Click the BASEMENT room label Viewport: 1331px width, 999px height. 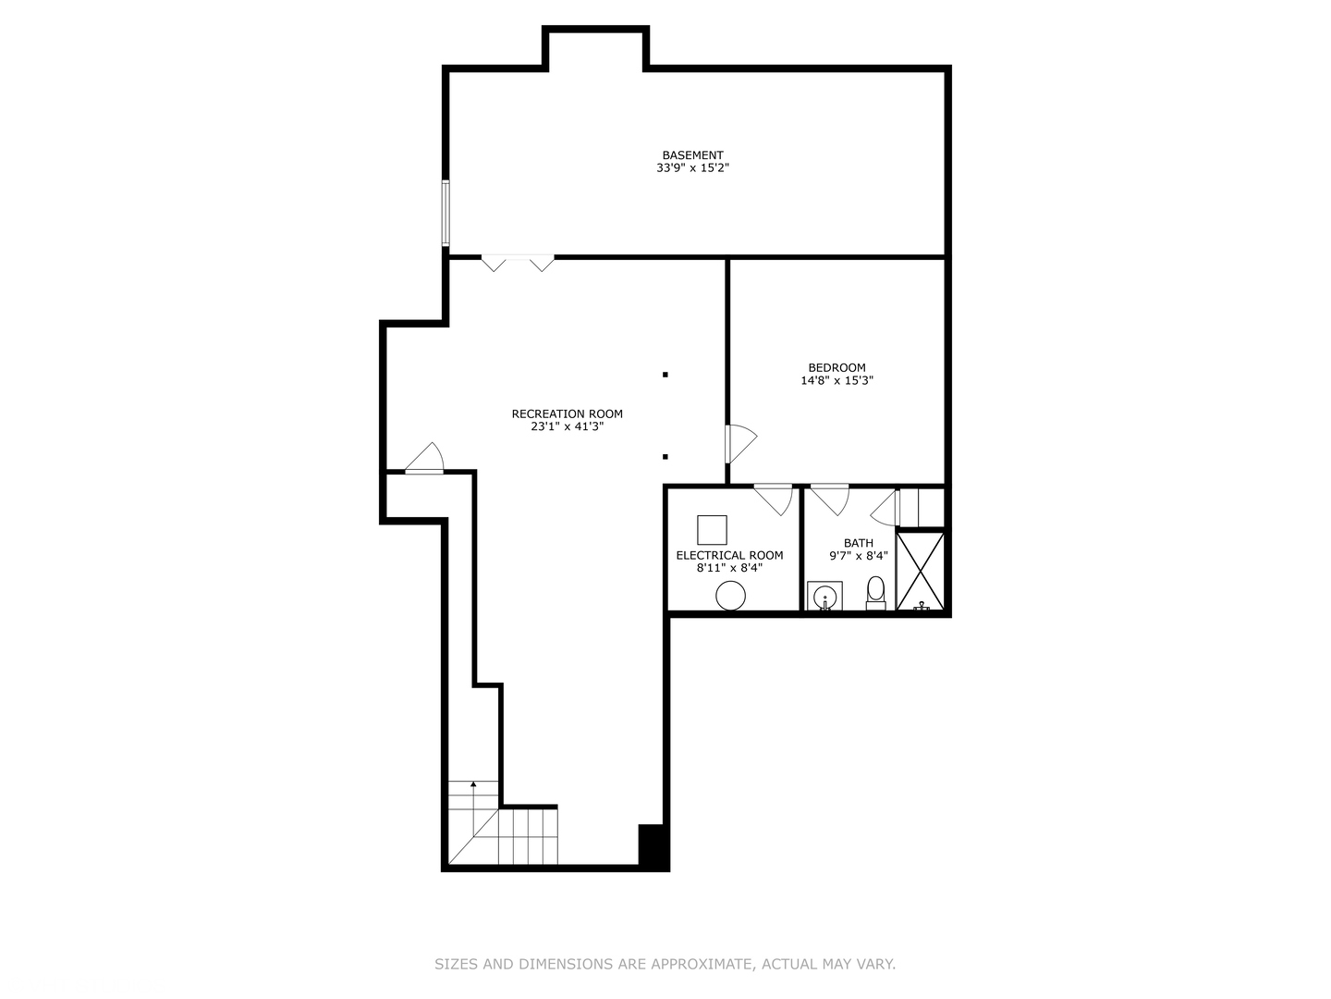coord(692,155)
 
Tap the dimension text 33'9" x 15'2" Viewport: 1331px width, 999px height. coord(692,168)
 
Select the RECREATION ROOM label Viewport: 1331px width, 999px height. coord(567,413)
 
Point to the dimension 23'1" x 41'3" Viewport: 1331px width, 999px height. coord(567,426)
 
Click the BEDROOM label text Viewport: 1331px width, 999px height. coord(836,367)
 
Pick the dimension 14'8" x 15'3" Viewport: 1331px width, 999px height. coord(836,380)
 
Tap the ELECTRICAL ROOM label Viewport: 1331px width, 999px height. coord(729,555)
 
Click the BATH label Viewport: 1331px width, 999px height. coord(858,543)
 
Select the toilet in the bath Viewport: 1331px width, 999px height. coord(875,592)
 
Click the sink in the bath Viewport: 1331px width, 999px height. coord(824,596)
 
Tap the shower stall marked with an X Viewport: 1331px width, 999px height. coord(922,571)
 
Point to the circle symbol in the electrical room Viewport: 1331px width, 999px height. coord(730,596)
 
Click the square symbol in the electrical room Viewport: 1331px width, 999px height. coord(712,530)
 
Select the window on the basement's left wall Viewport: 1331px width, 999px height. coord(446,214)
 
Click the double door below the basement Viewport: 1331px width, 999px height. coord(518,263)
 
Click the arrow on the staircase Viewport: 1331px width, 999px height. coord(473,786)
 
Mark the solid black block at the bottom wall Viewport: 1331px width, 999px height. coord(653,845)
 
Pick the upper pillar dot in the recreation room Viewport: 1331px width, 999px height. coord(665,375)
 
